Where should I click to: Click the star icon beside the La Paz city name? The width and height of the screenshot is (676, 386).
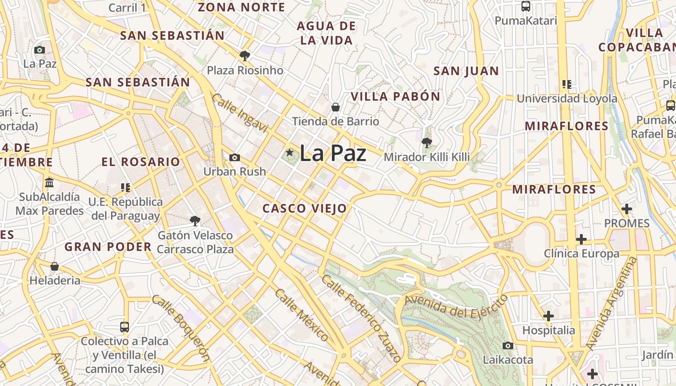pos(289,153)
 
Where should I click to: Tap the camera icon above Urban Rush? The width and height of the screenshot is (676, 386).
pos(235,157)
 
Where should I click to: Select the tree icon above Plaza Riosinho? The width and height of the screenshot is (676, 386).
pos(245,56)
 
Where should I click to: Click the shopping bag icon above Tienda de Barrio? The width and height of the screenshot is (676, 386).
pos(335,107)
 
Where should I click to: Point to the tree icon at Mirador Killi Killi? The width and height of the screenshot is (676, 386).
pos(426,142)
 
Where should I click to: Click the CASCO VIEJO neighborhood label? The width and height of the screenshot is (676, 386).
pos(304,208)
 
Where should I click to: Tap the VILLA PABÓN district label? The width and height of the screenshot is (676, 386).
pos(395,96)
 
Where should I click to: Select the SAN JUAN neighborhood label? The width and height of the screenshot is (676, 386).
pos(466,71)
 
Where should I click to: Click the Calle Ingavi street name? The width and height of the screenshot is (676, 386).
pos(239,113)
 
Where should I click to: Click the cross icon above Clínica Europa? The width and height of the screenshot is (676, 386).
pos(581,239)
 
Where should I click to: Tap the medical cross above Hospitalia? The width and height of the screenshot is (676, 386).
pos(549,316)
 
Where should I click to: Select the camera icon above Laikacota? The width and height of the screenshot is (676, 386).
pos(507,345)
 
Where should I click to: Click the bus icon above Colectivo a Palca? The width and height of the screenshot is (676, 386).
pos(125,327)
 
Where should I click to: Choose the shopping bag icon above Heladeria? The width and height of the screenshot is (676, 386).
pos(55,266)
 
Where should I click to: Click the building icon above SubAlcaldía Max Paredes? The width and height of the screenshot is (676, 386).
pos(49,183)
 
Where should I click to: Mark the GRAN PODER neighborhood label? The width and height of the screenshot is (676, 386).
pos(108,247)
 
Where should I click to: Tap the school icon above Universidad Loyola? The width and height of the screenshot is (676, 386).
pos(567,84)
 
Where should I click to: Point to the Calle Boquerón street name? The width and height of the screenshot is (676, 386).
pos(181,328)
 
